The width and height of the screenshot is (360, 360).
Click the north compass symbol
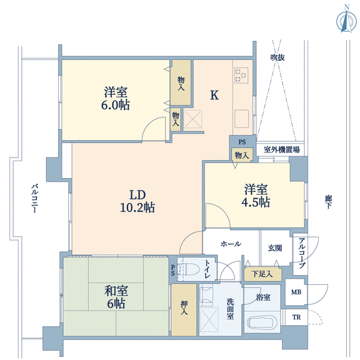coord(347,21)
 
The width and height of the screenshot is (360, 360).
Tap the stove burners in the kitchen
coord(241,75)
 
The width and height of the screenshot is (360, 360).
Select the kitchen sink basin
coord(241,119)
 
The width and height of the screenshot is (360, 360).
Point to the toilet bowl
coord(191,269)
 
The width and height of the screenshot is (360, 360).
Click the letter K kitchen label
coord(214,95)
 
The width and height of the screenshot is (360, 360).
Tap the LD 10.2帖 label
coord(137,201)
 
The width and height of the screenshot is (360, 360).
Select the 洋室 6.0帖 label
coord(116,99)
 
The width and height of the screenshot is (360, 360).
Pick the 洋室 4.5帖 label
coord(256,196)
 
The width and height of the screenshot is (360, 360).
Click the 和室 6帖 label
coord(116,297)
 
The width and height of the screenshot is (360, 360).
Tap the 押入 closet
coord(184,310)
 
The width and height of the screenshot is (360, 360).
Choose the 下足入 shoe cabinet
coord(262,274)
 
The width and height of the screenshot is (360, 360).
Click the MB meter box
coord(296,292)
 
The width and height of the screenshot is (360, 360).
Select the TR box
coord(296,317)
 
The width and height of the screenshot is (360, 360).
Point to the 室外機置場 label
coord(281,150)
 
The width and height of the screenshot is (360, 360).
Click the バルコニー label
coord(34,198)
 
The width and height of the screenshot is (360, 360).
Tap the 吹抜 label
coord(277,57)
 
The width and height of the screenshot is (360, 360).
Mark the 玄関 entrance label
coord(275,248)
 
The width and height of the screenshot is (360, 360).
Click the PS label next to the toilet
coord(172,270)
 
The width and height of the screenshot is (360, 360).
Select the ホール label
coord(231,244)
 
